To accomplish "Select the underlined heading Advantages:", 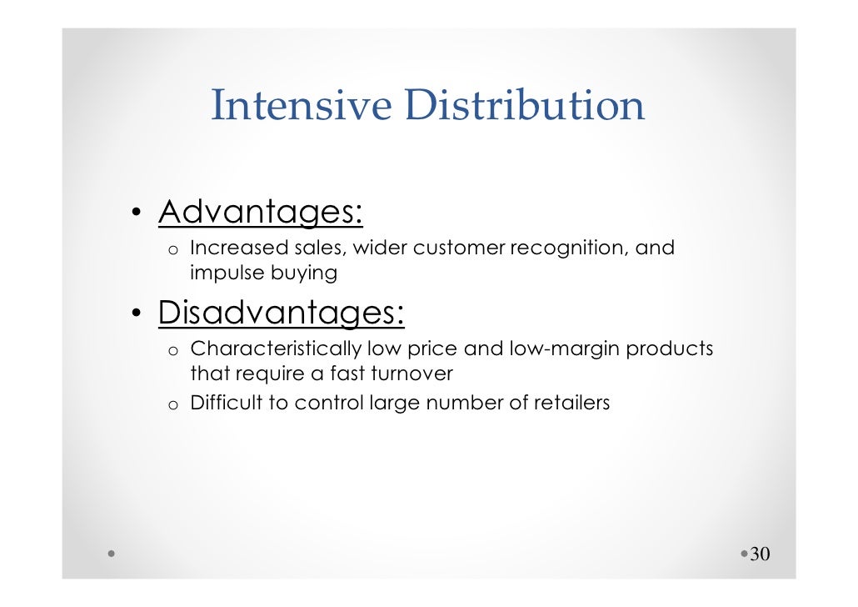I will click(261, 213).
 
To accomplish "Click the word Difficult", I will click(227, 404).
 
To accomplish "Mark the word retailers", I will click(572, 404).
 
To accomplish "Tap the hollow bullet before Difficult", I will click(172, 405).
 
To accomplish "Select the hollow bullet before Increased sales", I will click(172, 250).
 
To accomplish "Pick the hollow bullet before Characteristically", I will click(172, 351).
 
